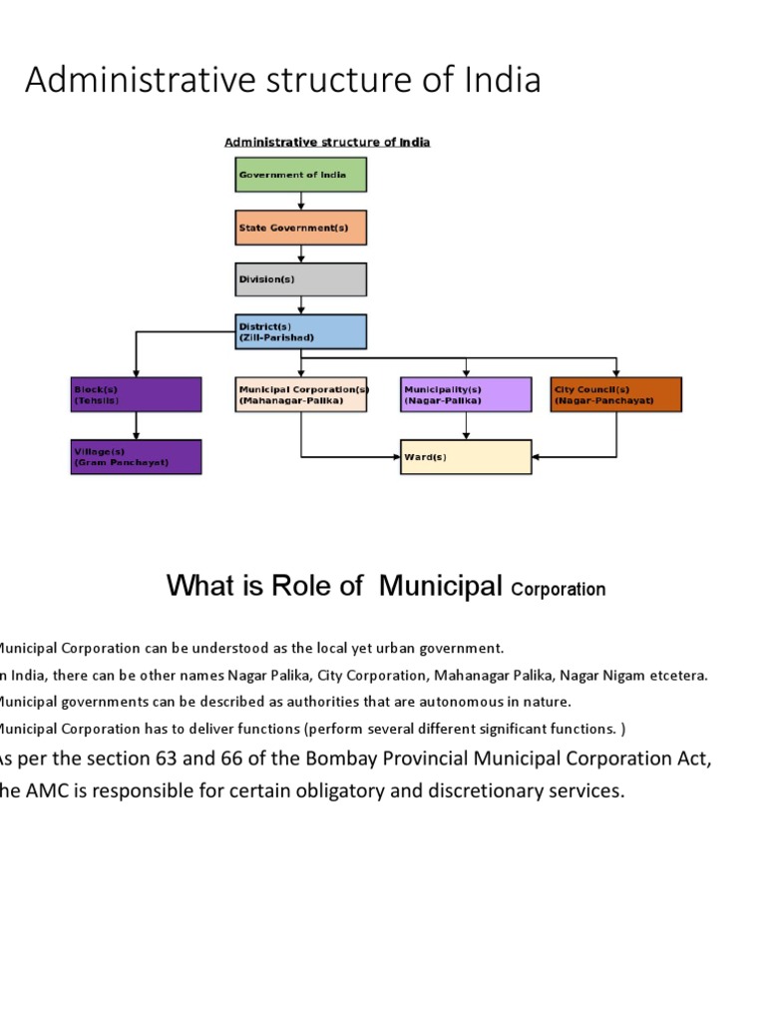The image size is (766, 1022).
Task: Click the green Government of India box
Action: point(301,175)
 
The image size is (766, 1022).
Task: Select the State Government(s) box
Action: point(301,228)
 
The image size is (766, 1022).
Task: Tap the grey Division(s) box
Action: point(301,279)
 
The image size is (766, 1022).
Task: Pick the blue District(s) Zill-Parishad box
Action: point(301,331)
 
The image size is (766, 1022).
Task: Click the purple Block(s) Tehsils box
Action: point(136,394)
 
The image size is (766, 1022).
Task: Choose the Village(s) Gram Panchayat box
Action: point(136,457)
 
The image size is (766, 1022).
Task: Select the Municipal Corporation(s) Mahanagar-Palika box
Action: point(302,394)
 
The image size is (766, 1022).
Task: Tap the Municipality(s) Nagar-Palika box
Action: point(466,394)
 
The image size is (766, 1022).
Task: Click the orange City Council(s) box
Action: point(616,394)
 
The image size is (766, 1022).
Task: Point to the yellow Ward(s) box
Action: point(466,457)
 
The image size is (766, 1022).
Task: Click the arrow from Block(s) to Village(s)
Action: point(136,426)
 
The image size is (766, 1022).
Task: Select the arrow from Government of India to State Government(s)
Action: point(301,202)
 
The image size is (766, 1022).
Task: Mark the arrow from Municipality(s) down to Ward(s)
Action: point(466,426)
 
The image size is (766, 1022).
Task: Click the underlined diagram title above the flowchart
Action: point(327,142)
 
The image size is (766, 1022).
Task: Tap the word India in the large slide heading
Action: point(499,80)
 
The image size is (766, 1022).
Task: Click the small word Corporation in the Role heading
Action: point(558,590)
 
